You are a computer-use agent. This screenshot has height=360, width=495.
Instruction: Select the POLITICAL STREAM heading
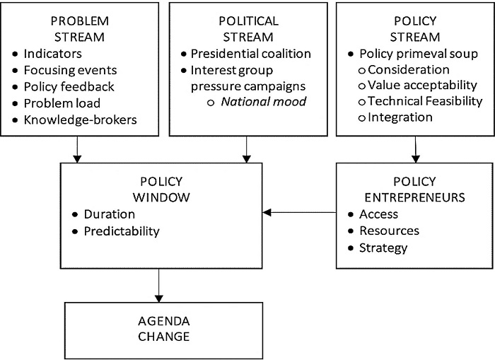coord(246,29)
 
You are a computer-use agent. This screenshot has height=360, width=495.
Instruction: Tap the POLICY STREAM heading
coord(415,29)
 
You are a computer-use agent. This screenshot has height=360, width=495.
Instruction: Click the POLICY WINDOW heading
coord(162,188)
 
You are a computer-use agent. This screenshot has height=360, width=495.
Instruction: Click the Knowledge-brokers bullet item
coord(80,119)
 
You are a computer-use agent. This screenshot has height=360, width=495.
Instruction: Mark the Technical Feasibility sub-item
coord(424,102)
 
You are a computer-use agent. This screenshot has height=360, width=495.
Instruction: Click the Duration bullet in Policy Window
coord(109,214)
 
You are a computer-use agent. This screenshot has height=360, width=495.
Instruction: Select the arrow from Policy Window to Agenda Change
coord(159,286)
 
